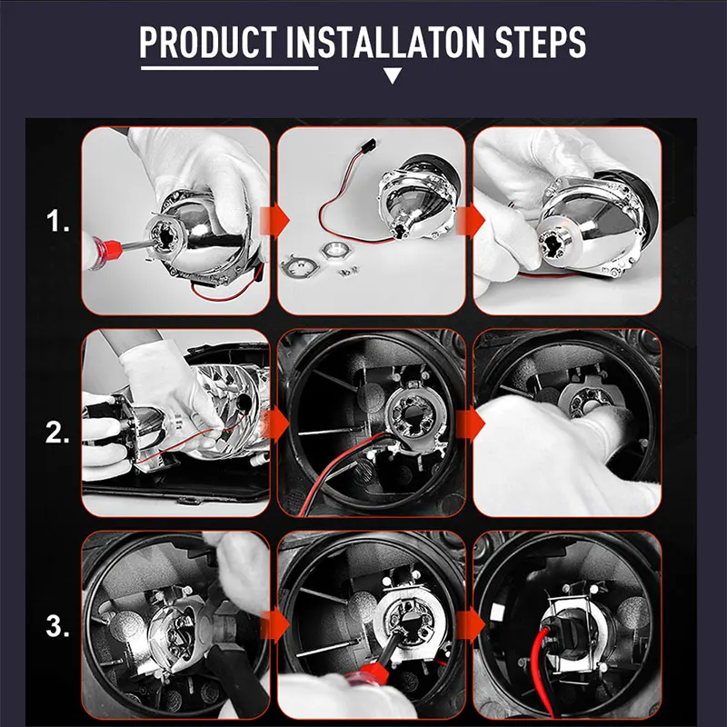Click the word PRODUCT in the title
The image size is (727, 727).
(208, 42)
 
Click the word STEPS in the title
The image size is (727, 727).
(540, 42)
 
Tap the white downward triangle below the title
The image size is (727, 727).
(393, 75)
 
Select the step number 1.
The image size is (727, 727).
(57, 221)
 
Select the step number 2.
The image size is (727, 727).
(57, 433)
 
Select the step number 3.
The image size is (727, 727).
(57, 626)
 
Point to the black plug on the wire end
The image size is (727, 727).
(368, 144)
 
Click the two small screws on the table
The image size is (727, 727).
(348, 270)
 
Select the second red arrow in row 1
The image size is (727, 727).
(470, 221)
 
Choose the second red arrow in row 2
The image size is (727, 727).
(470, 424)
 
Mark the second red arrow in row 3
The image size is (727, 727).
(470, 624)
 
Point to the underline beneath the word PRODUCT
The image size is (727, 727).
(230, 68)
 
